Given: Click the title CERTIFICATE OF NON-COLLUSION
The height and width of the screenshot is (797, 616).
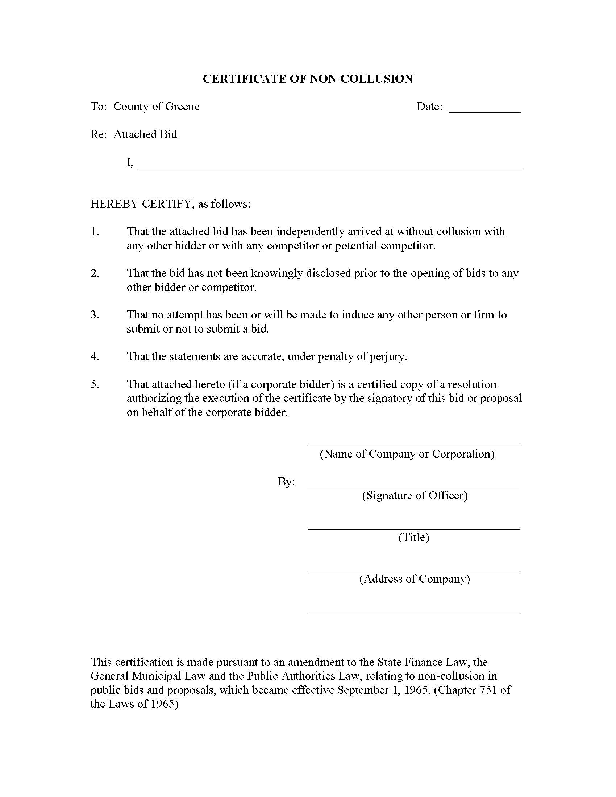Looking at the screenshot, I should (x=308, y=79).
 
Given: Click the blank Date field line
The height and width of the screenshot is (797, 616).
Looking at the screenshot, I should (x=484, y=111).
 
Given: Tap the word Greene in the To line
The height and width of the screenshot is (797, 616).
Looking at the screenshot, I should (x=182, y=107).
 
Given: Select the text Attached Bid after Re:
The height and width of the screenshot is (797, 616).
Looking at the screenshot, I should (x=145, y=134).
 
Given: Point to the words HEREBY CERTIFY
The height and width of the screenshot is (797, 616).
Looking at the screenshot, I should (x=141, y=204).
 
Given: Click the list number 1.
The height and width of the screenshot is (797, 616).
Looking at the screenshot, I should (x=95, y=231).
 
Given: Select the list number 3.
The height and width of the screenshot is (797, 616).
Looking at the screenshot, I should (x=95, y=314).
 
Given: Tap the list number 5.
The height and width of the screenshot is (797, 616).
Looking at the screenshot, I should (x=95, y=384).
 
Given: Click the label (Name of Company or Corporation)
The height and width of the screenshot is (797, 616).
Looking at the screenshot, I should (x=407, y=454).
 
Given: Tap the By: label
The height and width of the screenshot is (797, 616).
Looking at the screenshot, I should (x=287, y=482).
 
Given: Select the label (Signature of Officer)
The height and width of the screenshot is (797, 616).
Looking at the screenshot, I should (x=415, y=495).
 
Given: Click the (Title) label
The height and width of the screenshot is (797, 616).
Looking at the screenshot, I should (x=414, y=537).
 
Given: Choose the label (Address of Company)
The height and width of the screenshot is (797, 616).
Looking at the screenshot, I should (x=415, y=579).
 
